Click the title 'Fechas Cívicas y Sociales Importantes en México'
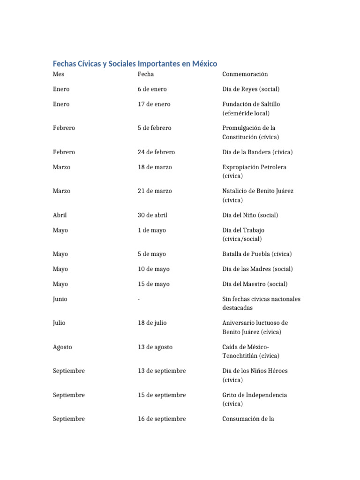pyautogui.click(x=135, y=63)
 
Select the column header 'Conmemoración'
pyautogui.click(x=245, y=74)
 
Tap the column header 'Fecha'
pyautogui.click(x=146, y=74)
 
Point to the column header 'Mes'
pyautogui.click(x=59, y=74)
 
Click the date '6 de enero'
pyautogui.click(x=152, y=89)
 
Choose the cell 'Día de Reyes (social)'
pyautogui.click(x=251, y=89)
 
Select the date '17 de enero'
pyautogui.click(x=154, y=104)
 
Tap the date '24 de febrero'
pyautogui.click(x=156, y=152)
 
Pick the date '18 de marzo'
pyautogui.click(x=155, y=167)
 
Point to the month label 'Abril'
pyautogui.click(x=60, y=215)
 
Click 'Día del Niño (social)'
pyautogui.click(x=250, y=215)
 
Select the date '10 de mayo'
pyautogui.click(x=154, y=269)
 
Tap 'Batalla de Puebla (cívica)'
pyautogui.click(x=257, y=254)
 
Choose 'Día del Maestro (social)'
pyautogui.click(x=255, y=284)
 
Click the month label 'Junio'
pyautogui.click(x=60, y=299)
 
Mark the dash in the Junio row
pyautogui.click(x=139, y=299)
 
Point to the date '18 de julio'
pyautogui.click(x=152, y=323)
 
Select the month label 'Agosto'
pyautogui.click(x=62, y=347)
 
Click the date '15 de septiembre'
pyautogui.click(x=162, y=395)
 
